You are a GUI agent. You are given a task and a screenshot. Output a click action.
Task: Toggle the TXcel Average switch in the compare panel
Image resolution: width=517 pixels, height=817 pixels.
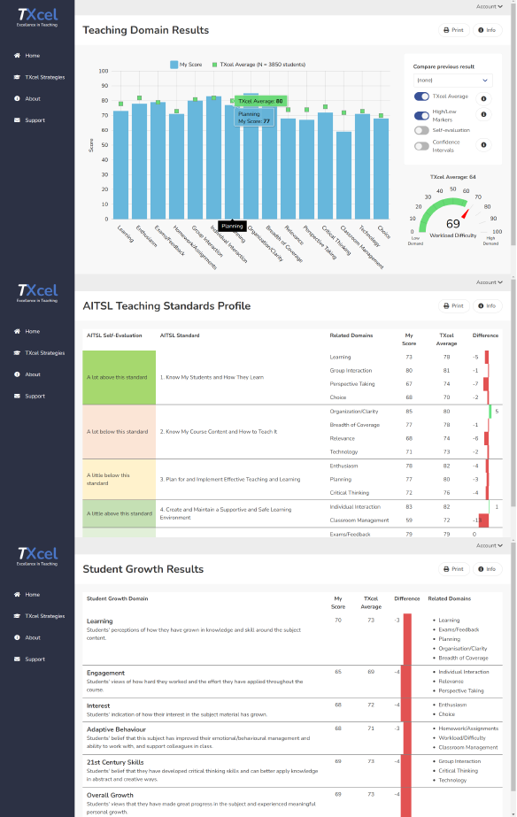(x=421, y=96)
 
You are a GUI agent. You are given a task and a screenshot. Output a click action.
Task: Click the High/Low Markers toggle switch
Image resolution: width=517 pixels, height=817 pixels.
(x=421, y=115)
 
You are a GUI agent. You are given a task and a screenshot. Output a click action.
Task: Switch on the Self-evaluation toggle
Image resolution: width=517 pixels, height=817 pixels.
(x=421, y=130)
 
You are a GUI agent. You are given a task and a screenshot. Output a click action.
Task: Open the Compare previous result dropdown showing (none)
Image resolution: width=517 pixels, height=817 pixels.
(x=451, y=80)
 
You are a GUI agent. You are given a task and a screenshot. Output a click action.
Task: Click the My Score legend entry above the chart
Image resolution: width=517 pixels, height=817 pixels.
(x=185, y=65)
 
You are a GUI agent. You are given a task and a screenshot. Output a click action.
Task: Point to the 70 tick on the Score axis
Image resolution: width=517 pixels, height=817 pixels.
(x=104, y=116)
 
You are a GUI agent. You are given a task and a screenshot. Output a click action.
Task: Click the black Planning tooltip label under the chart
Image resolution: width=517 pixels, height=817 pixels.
(x=232, y=226)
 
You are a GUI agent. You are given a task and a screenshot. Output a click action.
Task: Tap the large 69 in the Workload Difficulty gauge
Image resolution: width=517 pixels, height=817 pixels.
(x=452, y=223)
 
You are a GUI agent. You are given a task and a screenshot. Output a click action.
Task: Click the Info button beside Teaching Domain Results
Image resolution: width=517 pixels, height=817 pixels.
(x=487, y=30)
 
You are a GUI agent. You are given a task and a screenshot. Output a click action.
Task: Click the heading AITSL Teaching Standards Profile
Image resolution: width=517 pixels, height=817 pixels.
(x=166, y=306)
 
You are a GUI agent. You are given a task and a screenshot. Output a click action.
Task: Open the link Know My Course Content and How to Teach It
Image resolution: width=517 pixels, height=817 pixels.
(x=219, y=431)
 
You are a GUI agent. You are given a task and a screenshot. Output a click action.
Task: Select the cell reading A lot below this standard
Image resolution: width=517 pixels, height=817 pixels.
(x=118, y=431)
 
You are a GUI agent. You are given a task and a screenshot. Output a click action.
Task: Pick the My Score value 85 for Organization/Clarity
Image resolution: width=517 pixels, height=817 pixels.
(x=409, y=411)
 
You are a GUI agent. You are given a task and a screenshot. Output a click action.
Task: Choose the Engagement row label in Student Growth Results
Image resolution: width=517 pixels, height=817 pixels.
(x=105, y=673)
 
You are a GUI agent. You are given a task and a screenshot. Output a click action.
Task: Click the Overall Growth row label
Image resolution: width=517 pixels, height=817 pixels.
(x=110, y=795)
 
